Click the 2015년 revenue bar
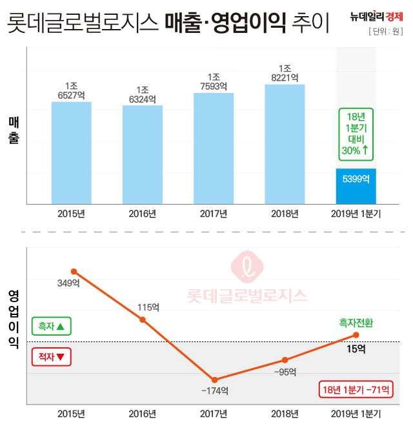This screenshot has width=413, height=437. [x=72, y=153]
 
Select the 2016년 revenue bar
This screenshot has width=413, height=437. [x=143, y=155]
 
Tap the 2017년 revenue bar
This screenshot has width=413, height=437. [x=214, y=148]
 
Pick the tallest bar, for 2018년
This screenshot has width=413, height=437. [x=285, y=144]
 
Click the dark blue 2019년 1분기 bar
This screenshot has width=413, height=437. [x=356, y=187]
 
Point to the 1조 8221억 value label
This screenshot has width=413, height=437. [x=285, y=73]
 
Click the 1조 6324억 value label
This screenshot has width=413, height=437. [x=143, y=94]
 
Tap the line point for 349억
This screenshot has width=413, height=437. [x=74, y=271]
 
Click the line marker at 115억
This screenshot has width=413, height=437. [x=143, y=320]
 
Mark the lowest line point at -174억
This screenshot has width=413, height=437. [x=214, y=380]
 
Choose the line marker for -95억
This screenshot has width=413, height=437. [x=285, y=360]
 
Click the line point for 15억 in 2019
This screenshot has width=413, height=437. [x=356, y=335]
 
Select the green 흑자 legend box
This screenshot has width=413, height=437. [x=52, y=327]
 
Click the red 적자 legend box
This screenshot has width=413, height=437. [x=52, y=356]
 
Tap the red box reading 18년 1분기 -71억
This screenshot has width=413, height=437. [x=356, y=389]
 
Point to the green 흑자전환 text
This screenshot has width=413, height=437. [x=356, y=322]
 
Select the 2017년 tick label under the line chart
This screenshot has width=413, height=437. [x=214, y=414]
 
